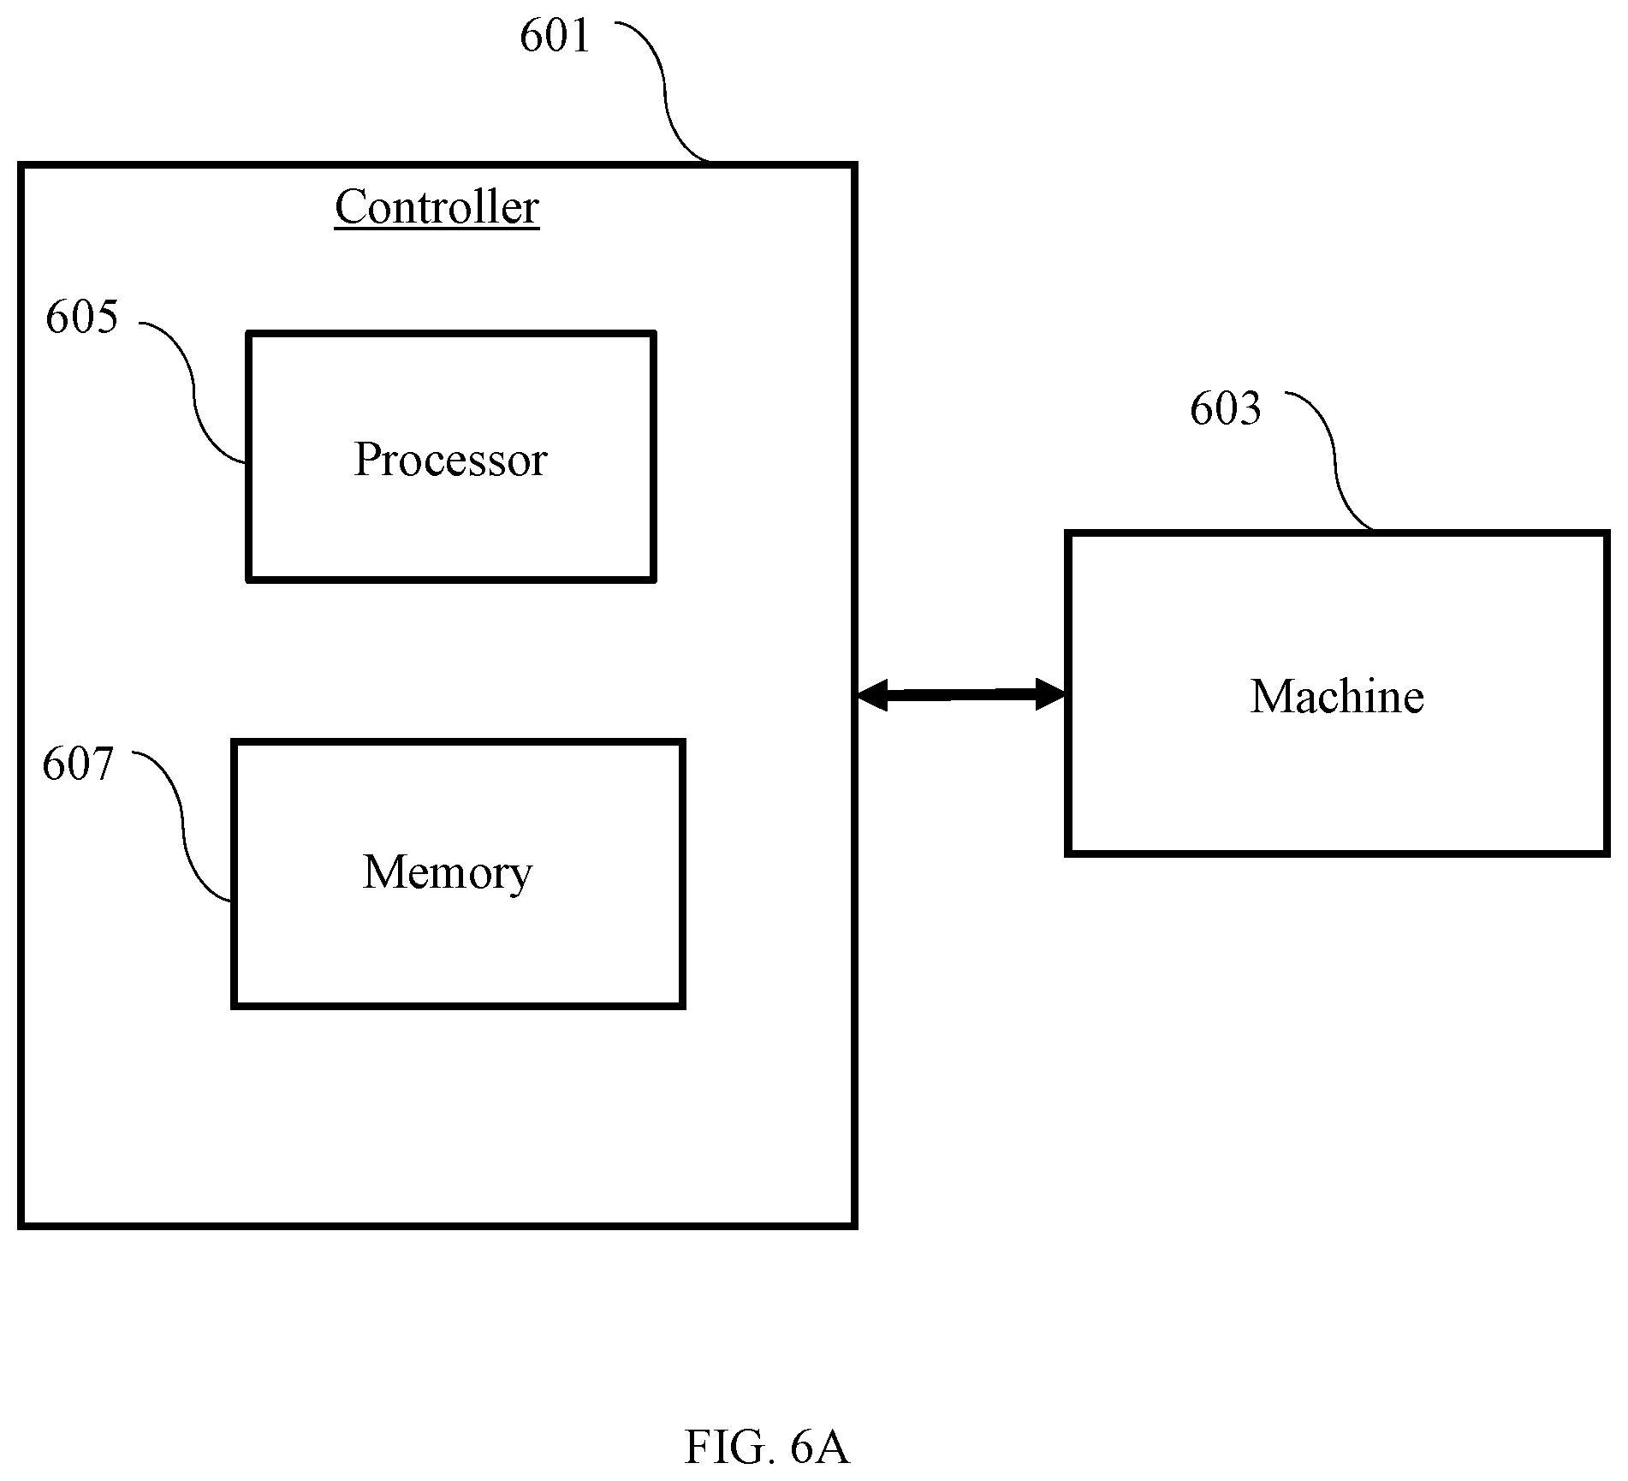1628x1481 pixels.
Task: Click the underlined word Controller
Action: pyautogui.click(x=437, y=208)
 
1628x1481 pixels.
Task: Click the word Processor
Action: pyautogui.click(x=450, y=460)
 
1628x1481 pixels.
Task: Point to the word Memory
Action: pyautogui.click(x=448, y=873)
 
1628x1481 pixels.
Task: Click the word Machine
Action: pyautogui.click(x=1337, y=696)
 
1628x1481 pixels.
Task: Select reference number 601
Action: pyautogui.click(x=555, y=37)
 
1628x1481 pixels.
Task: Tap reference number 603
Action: pyautogui.click(x=1225, y=409)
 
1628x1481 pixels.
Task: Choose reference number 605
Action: pyautogui.click(x=81, y=317)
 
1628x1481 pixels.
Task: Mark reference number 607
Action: pyautogui.click(x=78, y=764)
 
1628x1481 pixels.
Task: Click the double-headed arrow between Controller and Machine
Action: pyautogui.click(x=961, y=694)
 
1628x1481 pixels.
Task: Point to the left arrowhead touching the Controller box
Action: pyautogui.click(x=871, y=695)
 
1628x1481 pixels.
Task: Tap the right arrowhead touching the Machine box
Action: pyautogui.click(x=1051, y=693)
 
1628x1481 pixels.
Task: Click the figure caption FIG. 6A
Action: pyautogui.click(x=767, y=1376)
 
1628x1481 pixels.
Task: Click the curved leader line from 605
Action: pyautogui.click(x=193, y=390)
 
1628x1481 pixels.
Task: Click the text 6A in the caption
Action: pyautogui.click(x=820, y=1376)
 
